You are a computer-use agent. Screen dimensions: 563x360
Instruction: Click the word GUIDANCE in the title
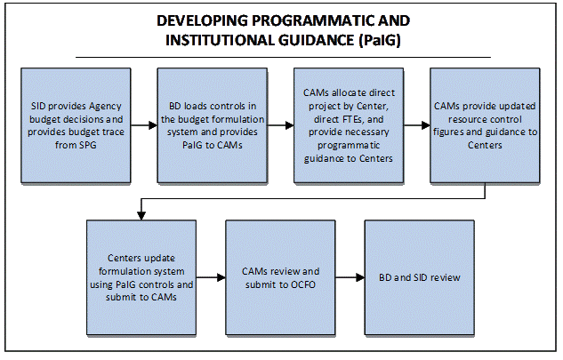pos(317,40)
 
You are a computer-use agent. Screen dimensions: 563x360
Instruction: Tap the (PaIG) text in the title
pos(380,40)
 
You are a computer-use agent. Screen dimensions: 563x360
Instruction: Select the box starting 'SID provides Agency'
pos(76,125)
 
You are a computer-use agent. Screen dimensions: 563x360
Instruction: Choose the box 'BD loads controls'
pos(213,125)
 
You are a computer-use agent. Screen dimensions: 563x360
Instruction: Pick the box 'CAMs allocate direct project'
pos(349,125)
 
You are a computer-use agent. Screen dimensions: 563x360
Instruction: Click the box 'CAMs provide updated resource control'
pos(485,125)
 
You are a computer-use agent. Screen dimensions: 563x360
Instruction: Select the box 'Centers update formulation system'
pos(141,278)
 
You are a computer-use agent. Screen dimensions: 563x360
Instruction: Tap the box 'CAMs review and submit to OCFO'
pos(280,278)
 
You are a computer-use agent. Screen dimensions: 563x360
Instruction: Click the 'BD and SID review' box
pos(420,278)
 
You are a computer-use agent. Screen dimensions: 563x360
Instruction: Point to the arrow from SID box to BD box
pos(144,125)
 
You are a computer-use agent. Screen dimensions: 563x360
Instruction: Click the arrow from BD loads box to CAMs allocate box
pos(280,125)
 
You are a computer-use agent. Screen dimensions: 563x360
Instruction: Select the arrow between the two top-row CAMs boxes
pos(417,125)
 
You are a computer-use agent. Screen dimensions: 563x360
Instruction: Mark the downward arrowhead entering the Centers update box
pos(141,215)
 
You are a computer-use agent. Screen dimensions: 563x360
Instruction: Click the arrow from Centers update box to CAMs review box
pos(211,277)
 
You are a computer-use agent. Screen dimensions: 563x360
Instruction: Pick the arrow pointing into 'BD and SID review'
pos(350,277)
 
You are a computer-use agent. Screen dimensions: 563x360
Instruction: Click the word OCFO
pos(303,285)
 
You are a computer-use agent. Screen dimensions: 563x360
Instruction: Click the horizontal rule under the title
pos(283,57)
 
